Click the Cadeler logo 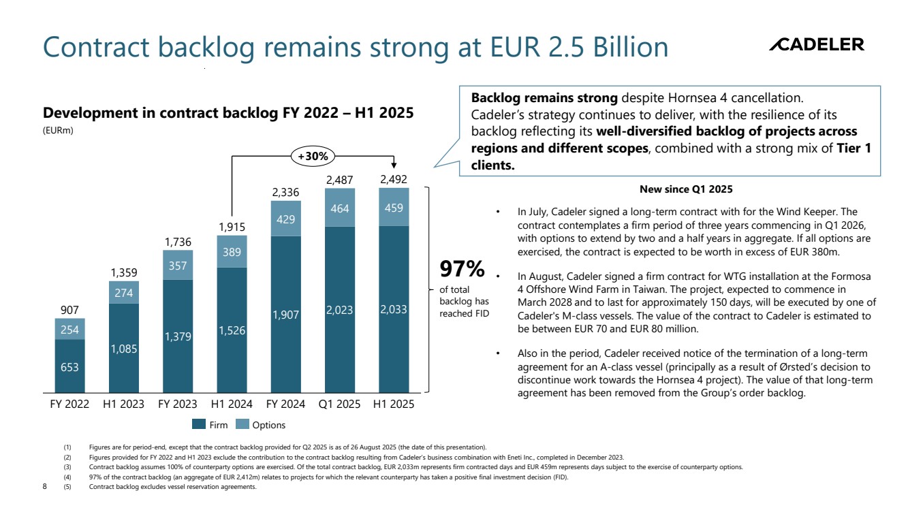816,45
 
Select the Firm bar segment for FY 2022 69,366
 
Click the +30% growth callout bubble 313,156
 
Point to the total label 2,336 286,193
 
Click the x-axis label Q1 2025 339,404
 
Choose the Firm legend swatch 199,424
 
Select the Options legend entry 262,424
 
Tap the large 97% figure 462,270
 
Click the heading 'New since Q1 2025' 686,189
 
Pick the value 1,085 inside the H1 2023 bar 124,348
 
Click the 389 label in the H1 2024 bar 232,251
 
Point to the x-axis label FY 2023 177,404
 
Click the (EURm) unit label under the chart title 57,131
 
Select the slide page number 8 44,486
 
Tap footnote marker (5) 67,486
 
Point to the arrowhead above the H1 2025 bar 394,166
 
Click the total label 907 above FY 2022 69,310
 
